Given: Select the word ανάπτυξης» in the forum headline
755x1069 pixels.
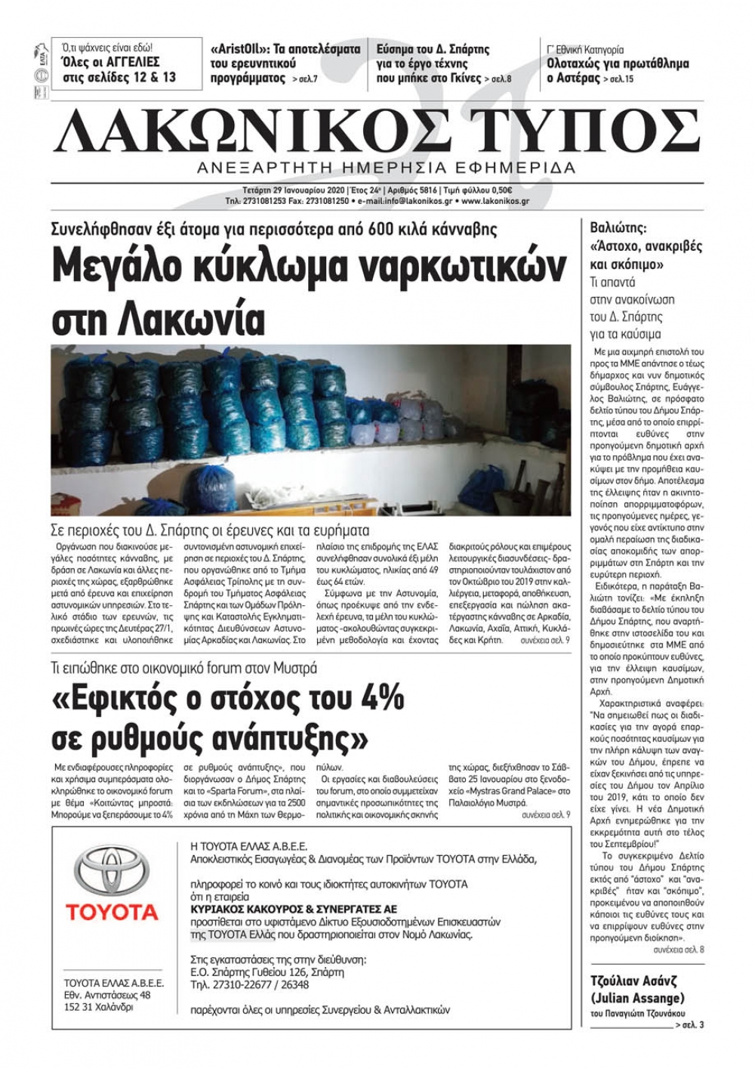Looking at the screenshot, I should click(282, 734).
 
